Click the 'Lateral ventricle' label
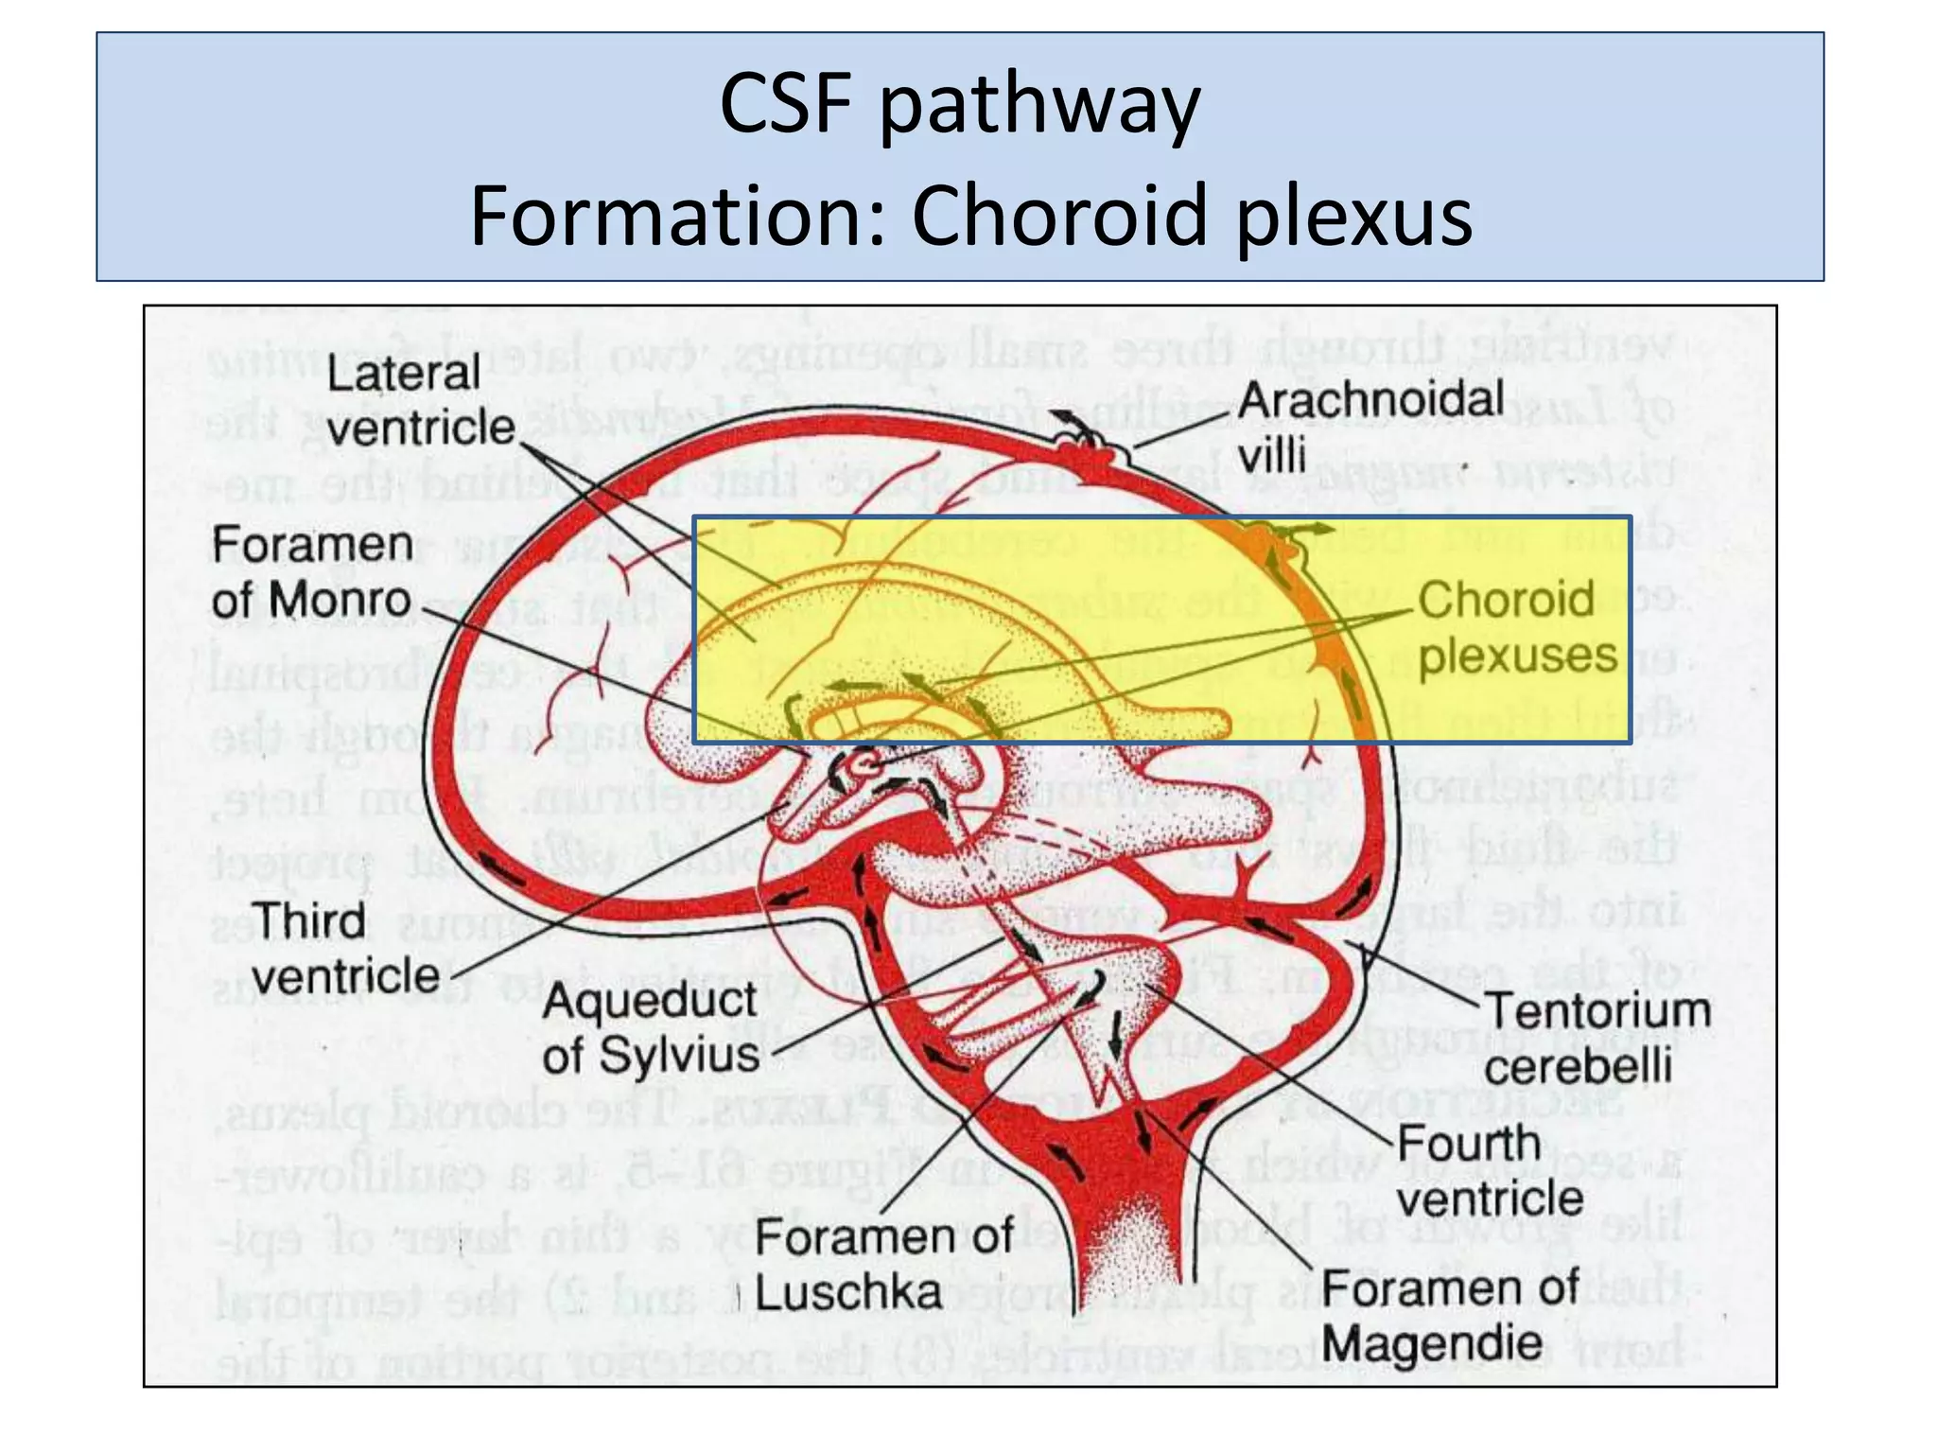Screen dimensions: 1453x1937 point(419,401)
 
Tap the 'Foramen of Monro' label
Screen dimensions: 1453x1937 point(311,573)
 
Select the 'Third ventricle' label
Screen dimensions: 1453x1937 point(344,949)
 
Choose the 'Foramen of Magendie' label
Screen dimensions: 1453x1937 point(1448,1315)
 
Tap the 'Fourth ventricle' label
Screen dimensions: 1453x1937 point(1489,1171)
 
